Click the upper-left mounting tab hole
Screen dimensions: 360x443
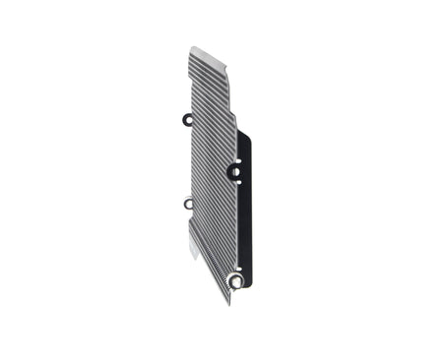pos(188,120)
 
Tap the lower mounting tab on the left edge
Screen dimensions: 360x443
pos(188,204)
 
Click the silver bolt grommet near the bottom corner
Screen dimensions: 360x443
pos(235,280)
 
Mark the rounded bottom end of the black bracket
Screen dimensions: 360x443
pos(245,284)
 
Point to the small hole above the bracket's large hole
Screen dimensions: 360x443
pos(237,158)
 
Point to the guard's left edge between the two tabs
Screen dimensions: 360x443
pos(189,162)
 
